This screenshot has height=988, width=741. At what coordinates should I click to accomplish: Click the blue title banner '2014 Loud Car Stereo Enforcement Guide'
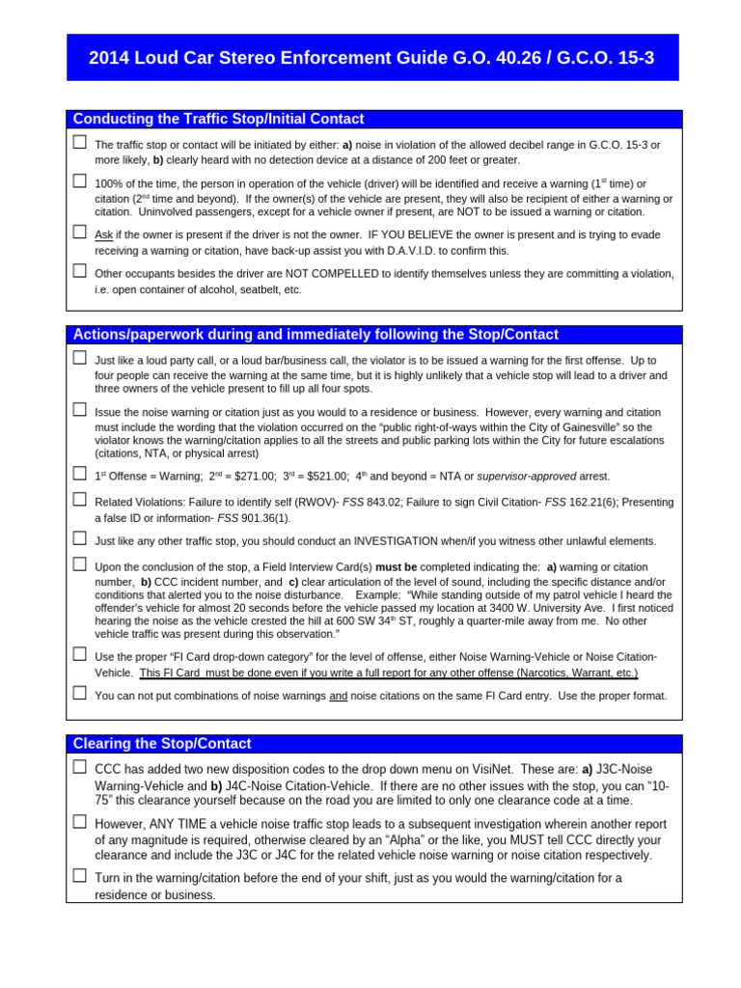click(371, 58)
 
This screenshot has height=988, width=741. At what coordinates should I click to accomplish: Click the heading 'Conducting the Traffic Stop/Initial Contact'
click(219, 119)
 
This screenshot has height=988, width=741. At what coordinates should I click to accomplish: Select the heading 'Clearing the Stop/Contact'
click(163, 744)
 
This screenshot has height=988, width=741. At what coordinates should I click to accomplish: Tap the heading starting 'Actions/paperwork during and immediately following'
click(316, 335)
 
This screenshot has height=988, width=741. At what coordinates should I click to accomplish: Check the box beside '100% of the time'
click(79, 180)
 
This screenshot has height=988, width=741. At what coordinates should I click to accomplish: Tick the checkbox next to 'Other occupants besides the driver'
click(79, 270)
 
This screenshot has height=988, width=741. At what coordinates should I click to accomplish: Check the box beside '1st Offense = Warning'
click(79, 473)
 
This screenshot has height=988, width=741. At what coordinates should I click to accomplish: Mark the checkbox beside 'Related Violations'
click(79, 499)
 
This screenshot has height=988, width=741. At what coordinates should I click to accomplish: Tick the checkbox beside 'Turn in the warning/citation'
click(79, 875)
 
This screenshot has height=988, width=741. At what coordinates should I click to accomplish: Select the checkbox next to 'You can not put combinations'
click(79, 693)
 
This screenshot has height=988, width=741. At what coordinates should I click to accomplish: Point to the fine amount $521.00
click(326, 477)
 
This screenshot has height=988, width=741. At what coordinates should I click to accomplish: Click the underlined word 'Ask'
click(103, 235)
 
